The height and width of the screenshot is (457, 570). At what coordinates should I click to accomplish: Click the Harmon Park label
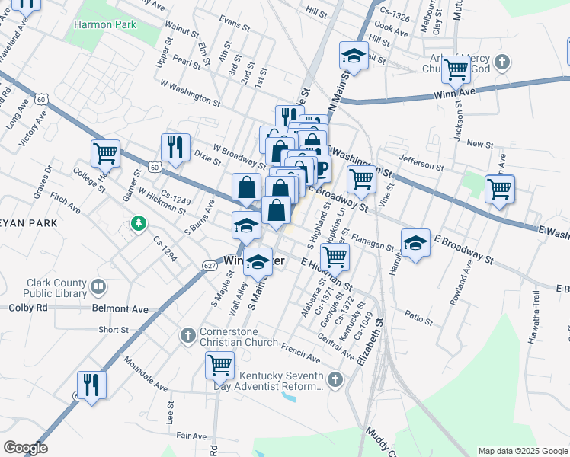click(x=104, y=24)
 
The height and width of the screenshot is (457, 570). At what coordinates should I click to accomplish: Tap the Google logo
click(x=25, y=448)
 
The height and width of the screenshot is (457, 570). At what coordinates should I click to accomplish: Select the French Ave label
click(x=300, y=353)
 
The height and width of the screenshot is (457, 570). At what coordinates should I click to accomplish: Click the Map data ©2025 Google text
click(x=522, y=451)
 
